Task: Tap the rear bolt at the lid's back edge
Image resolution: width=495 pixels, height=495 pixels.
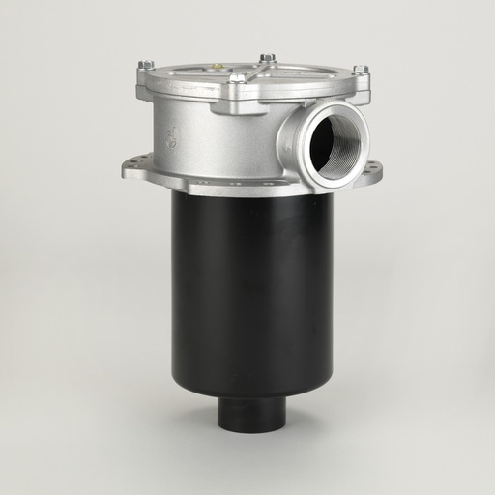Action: click(268, 58)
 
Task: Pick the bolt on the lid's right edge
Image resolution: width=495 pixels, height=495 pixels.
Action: click(360, 70)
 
